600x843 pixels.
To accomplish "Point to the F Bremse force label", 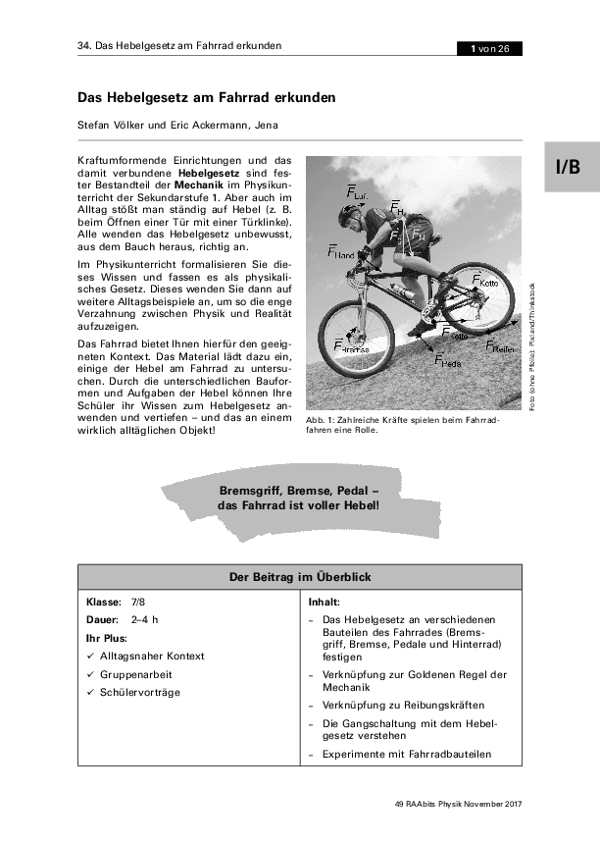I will coord(350,346).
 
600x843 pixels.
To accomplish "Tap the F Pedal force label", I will coord(447,360).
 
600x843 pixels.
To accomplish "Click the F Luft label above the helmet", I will coord(356,190).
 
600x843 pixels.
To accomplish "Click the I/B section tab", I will coord(568,167).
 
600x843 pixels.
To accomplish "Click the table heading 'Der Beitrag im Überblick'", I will coord(300,577).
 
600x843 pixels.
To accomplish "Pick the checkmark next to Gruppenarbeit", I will coord(90,674).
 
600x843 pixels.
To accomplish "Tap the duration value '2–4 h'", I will coord(144,619).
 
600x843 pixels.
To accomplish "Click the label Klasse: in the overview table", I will coord(103,601).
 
